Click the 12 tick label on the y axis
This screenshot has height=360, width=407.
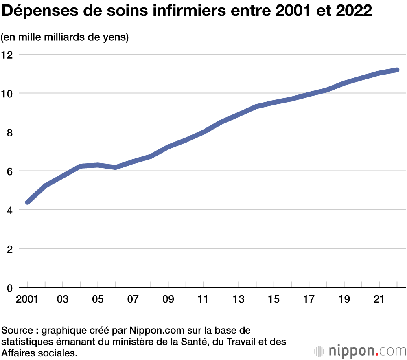click(7, 54)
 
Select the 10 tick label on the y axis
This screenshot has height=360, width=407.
click(7, 93)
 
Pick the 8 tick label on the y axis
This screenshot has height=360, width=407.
click(10, 132)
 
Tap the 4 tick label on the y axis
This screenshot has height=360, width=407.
click(10, 210)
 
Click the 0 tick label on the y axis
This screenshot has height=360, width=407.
click(10, 288)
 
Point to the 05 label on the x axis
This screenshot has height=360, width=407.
click(98, 300)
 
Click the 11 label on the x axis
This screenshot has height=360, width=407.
click(203, 300)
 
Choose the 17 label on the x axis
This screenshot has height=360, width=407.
click(309, 300)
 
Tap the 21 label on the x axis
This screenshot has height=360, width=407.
click(379, 300)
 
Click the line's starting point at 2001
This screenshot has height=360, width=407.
click(28, 202)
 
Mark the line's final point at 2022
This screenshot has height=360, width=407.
click(397, 70)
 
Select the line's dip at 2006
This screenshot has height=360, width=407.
click(116, 167)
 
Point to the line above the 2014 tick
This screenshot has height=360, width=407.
click(256, 107)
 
